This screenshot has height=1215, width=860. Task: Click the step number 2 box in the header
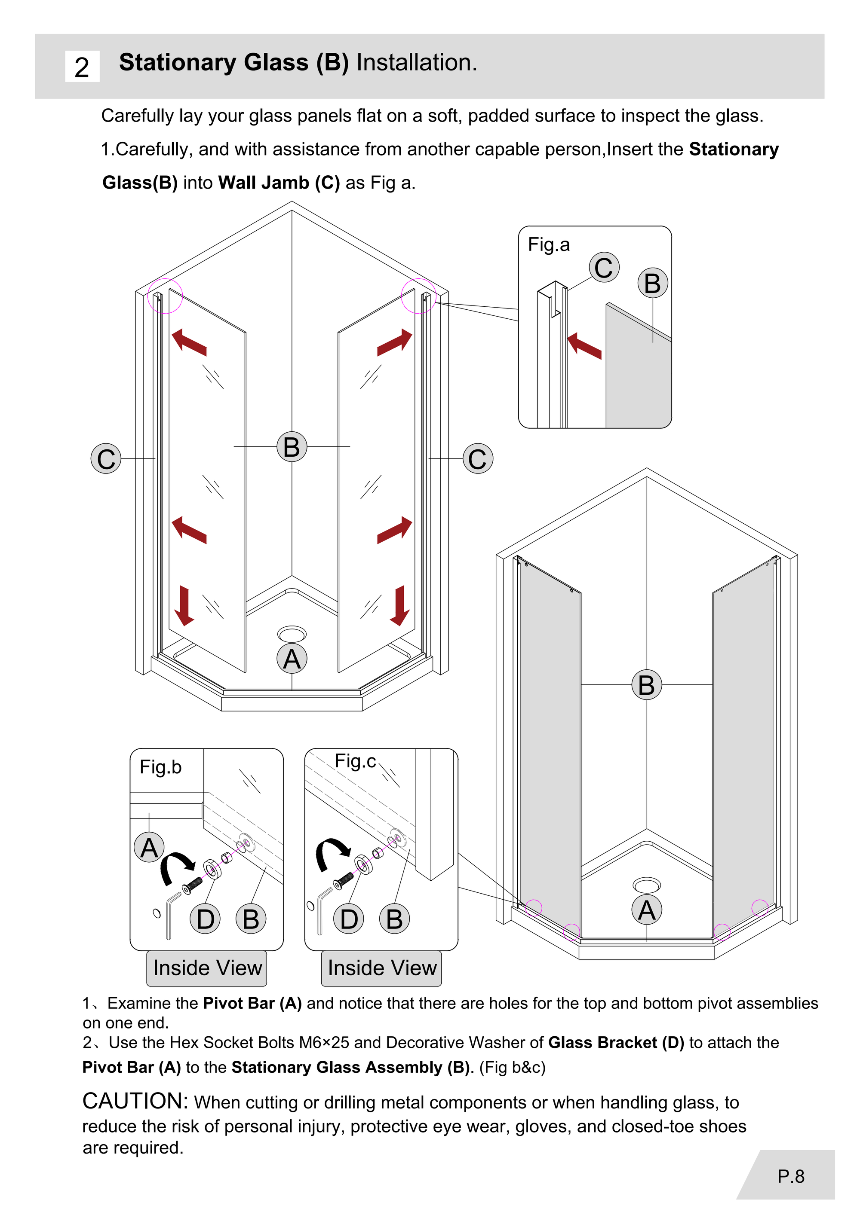[82, 67]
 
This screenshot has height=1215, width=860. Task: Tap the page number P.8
[791, 1176]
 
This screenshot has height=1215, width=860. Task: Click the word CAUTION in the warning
[135, 1101]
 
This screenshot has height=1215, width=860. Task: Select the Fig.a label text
[549, 244]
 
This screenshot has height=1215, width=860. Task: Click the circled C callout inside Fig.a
[604, 267]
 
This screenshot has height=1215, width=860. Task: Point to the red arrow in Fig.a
[584, 346]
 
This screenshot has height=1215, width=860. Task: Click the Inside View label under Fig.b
[207, 968]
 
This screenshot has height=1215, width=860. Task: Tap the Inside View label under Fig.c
[382, 968]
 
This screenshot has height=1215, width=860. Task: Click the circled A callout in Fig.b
[149, 847]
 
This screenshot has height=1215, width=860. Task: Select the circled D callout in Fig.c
[349, 919]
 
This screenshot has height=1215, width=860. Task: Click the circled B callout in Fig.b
[251, 919]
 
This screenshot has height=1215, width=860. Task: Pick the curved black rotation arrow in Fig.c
[329, 852]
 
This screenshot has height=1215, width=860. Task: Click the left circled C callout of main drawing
[106, 458]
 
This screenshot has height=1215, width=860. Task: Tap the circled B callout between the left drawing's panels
[292, 447]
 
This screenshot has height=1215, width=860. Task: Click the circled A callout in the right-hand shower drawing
[647, 910]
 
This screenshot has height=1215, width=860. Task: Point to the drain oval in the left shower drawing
[292, 633]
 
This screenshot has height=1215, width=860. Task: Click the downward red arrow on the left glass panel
[184, 605]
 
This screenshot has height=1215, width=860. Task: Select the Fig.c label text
[355, 761]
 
